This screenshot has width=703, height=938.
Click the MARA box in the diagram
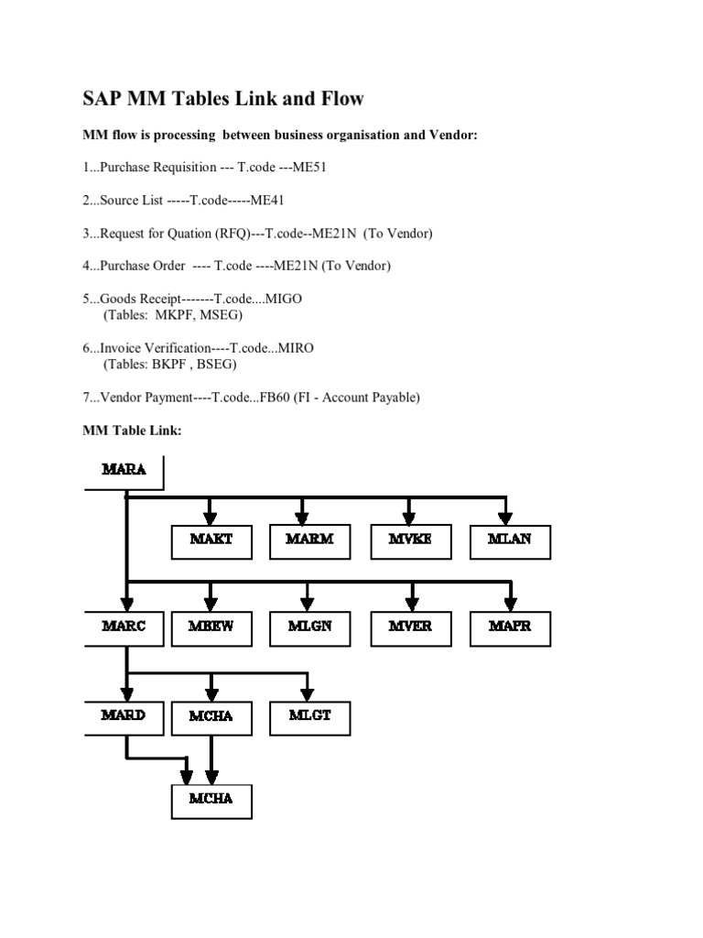(124, 473)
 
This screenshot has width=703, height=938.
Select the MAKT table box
(211, 542)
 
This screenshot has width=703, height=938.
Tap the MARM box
(309, 542)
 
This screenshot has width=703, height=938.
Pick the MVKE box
(411, 542)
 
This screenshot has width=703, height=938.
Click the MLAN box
(510, 542)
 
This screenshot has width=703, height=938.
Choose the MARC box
(124, 628)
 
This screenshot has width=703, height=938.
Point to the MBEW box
(211, 628)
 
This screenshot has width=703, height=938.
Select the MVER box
(411, 628)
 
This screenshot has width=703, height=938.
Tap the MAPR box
(510, 628)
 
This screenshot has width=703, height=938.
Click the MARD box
(124, 718)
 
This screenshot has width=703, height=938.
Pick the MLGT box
(309, 718)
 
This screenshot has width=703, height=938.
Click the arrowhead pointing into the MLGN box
(308, 605)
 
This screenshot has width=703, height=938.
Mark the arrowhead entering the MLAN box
(505, 518)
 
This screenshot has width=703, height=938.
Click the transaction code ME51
(309, 167)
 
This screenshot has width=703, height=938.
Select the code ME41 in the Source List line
(266, 200)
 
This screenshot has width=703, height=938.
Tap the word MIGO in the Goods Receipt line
(284, 299)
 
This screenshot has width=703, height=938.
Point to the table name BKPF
(168, 364)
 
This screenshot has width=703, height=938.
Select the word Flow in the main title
(342, 98)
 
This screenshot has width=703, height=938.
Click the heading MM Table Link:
(132, 431)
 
